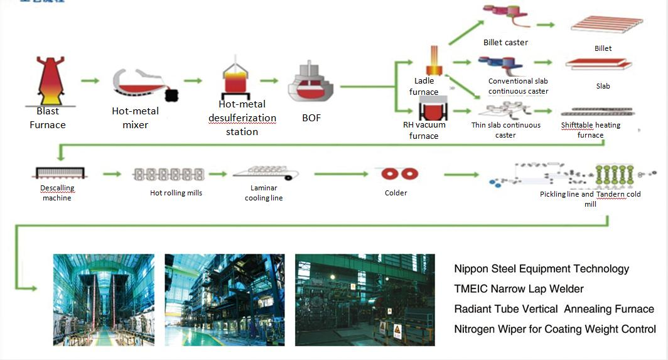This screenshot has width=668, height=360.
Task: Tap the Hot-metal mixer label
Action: [x=135, y=117]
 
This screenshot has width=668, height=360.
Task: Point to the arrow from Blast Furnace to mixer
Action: [x=90, y=81]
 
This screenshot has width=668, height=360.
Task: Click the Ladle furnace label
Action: [x=424, y=87]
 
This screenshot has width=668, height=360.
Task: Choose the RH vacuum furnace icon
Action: [x=433, y=109]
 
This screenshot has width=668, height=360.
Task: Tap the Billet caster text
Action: [x=505, y=43]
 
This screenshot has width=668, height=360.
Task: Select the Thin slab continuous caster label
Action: [x=505, y=130]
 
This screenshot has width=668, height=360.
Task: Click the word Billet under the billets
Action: [x=603, y=48]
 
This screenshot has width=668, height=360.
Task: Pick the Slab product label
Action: [x=603, y=86]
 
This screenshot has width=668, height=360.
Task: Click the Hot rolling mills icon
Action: [x=168, y=174]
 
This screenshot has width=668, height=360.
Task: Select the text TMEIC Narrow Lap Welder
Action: [x=519, y=289]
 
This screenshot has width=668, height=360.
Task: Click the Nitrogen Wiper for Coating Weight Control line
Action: [x=555, y=329]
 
